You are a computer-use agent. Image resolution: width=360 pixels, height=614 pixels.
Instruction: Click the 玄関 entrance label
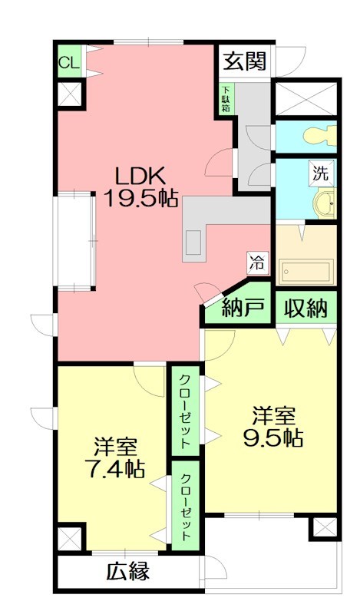click(245, 61)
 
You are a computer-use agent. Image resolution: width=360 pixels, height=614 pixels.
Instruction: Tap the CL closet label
click(68, 64)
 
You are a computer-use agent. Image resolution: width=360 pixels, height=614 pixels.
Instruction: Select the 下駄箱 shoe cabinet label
click(226, 98)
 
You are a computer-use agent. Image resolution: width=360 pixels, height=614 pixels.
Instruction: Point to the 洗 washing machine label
click(321, 173)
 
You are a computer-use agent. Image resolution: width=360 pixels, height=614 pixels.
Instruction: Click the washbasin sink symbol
click(325, 203)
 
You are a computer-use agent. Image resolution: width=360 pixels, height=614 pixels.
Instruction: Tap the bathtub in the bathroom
click(306, 271)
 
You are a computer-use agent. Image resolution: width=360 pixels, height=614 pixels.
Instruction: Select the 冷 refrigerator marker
click(256, 262)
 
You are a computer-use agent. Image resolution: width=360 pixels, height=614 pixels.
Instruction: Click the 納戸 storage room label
click(243, 309)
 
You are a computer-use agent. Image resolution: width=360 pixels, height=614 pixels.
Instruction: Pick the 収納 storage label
click(307, 309)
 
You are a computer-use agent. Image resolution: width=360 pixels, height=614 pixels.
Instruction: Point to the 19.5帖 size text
click(142, 200)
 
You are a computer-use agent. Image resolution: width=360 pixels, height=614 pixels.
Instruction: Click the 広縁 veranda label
click(127, 572)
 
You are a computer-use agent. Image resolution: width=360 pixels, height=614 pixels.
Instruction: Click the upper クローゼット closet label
click(186, 411)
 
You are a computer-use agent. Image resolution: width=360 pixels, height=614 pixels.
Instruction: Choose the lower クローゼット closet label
click(186, 507)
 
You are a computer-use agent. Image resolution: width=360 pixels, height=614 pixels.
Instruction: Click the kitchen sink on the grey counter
click(193, 244)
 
